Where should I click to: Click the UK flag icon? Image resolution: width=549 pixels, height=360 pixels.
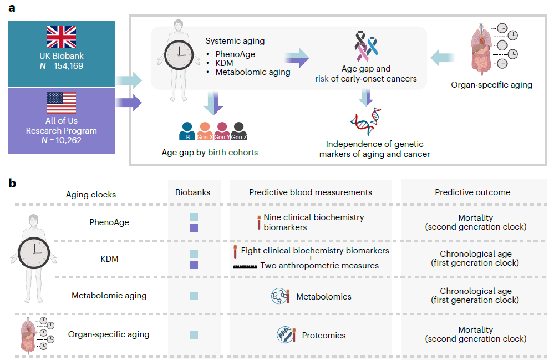[61, 37]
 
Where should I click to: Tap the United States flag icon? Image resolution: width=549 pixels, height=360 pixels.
[61, 103]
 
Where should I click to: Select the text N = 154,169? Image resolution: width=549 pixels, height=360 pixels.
[61, 66]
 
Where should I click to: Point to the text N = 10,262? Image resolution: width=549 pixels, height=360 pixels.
[61, 140]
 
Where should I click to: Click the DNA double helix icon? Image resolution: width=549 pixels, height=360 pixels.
[366, 121]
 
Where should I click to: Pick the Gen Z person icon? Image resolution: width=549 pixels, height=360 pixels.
[239, 131]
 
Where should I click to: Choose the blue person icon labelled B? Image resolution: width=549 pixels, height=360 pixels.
[187, 131]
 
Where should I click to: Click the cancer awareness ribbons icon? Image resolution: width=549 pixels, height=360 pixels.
[366, 46]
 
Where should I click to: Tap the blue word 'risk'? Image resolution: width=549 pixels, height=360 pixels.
[322, 79]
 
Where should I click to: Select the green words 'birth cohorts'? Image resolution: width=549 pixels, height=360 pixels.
[233, 153]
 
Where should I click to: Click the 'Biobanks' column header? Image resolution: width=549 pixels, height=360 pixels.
[193, 192]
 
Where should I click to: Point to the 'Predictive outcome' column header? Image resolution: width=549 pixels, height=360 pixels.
[472, 192]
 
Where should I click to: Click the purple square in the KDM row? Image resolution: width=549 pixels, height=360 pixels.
[194, 265]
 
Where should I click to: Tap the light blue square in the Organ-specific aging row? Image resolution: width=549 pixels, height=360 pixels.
[194, 335]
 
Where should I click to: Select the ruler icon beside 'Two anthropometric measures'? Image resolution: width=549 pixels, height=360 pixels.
[245, 267]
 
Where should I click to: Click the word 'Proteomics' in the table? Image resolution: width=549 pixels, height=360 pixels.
[324, 336]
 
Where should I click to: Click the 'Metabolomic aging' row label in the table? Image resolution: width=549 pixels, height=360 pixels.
[109, 296]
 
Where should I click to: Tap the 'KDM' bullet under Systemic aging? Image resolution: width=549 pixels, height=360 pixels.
[224, 63]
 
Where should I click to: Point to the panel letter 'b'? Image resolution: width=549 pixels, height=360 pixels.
[12, 183]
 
